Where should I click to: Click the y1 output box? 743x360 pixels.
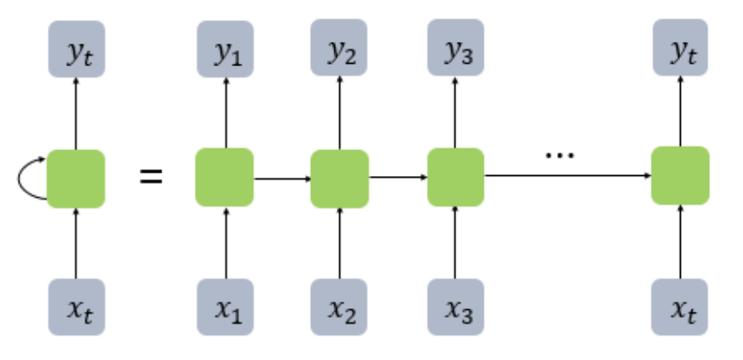(x=225, y=49)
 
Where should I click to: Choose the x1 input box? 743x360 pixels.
(x=225, y=308)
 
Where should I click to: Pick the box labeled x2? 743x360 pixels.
(x=340, y=308)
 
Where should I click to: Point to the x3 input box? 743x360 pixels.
(x=455, y=308)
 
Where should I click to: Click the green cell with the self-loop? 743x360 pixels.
(x=76, y=178)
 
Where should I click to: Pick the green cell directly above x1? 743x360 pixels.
(x=225, y=178)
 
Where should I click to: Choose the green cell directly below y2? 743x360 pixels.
(x=340, y=178)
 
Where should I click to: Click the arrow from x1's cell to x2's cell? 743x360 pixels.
(x=283, y=178)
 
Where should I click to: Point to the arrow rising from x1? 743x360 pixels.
(x=225, y=242)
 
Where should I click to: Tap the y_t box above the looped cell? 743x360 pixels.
(x=76, y=49)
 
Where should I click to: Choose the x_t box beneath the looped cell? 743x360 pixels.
(x=76, y=308)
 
